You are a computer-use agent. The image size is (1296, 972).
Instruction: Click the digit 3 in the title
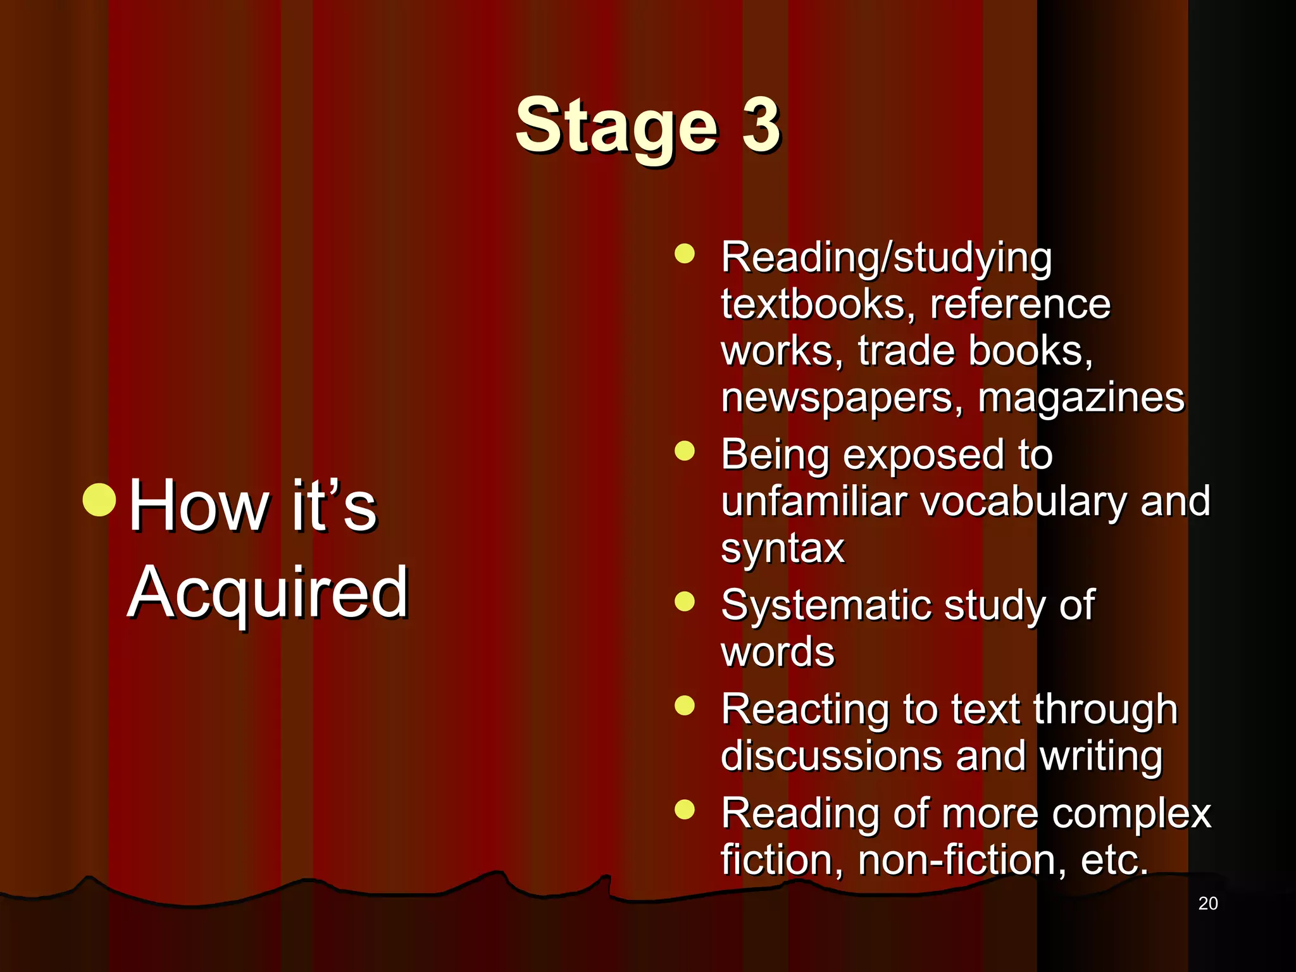click(760, 125)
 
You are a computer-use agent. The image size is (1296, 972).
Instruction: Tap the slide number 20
click(1207, 904)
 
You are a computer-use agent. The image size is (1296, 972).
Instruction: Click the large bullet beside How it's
click(99, 499)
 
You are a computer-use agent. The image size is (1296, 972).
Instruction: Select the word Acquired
click(268, 592)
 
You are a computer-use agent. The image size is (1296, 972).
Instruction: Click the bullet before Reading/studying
click(684, 254)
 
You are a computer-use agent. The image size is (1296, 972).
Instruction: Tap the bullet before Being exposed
click(684, 451)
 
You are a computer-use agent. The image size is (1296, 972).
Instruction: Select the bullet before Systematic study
click(684, 601)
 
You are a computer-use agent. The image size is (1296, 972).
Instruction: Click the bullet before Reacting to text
click(684, 705)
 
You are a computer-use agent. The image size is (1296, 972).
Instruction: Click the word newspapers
click(841, 399)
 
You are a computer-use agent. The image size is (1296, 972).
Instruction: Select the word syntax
click(782, 548)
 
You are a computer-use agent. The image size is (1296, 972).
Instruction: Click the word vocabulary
click(1023, 501)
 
